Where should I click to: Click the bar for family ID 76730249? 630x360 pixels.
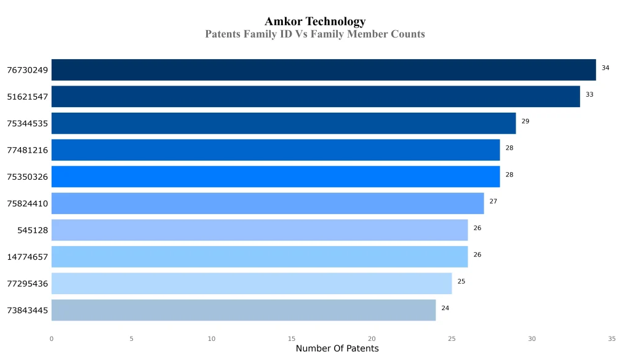tap(324, 70)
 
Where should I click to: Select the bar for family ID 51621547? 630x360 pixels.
tap(316, 97)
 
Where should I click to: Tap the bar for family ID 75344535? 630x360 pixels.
tap(284, 123)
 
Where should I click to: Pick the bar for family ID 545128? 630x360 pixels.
tap(260, 230)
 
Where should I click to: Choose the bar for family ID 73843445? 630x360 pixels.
tap(244, 310)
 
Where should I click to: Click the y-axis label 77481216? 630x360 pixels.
tap(27, 150)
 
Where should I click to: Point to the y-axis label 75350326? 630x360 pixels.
tap(27, 177)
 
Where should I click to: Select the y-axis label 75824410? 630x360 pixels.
tap(27, 204)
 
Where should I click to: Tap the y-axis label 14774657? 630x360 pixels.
tap(27, 257)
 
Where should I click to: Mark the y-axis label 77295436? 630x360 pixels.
tap(27, 284)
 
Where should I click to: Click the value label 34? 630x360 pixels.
tap(605, 68)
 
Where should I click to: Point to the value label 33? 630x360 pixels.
tap(589, 95)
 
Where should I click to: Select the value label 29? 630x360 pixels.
tap(525, 121)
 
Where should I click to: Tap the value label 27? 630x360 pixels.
tap(493, 201)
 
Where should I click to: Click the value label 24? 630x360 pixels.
tap(445, 308)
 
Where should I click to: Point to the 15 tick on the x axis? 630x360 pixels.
tap(292, 338)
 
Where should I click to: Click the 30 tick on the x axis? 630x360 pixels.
tap(532, 338)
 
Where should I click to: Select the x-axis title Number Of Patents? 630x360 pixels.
tap(337, 349)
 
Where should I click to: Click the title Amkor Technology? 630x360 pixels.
tap(315, 22)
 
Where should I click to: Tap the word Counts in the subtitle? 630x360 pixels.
tap(408, 34)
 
